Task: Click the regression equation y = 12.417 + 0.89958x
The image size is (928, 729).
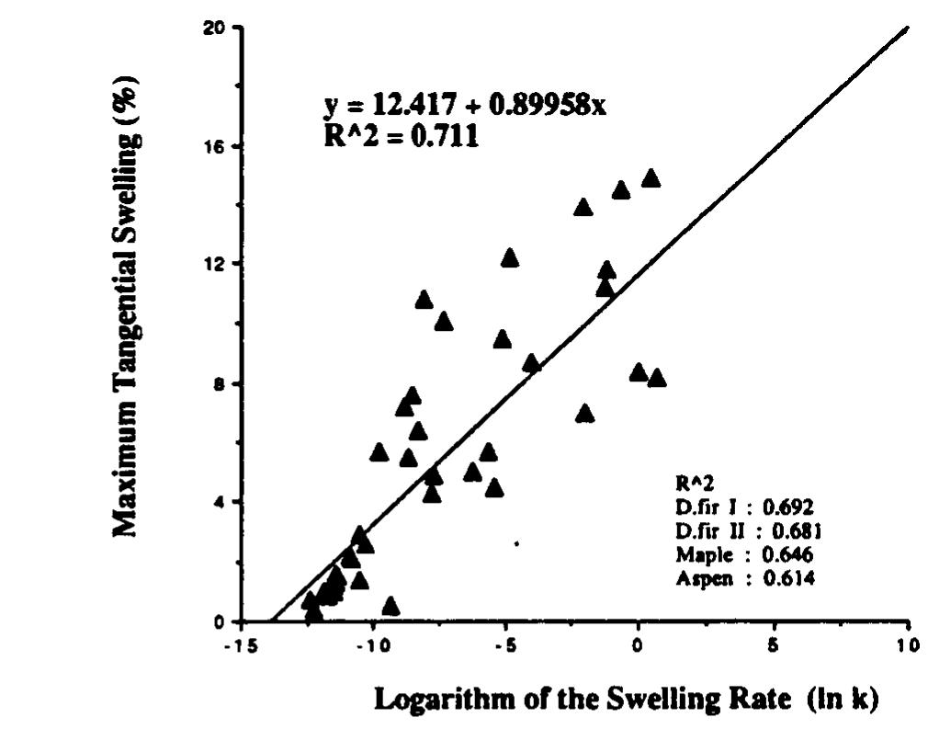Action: (465, 108)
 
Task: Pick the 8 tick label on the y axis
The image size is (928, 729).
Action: (221, 383)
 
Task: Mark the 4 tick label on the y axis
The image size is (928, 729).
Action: (221, 502)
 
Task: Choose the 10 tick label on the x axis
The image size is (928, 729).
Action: (907, 644)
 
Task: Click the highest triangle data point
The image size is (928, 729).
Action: (651, 178)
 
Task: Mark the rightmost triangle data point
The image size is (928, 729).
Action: (657, 379)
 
